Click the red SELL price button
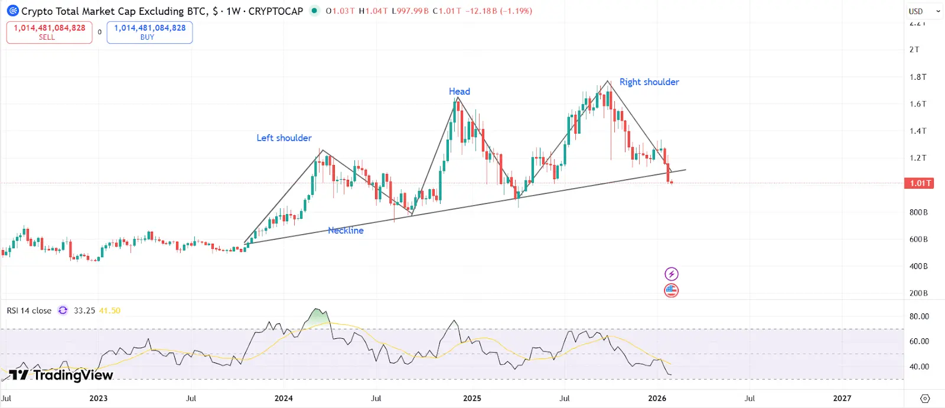tap(49, 32)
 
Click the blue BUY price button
tap(149, 32)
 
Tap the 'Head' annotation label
tap(460, 91)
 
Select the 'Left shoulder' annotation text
tap(284, 138)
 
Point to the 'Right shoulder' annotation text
tap(649, 82)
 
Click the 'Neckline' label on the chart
tap(346, 231)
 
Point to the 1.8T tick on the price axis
tap(918, 77)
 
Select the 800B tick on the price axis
tap(918, 212)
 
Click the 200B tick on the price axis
tap(918, 293)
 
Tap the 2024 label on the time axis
tap(283, 398)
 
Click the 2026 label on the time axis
tap(657, 398)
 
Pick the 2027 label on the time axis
tap(842, 398)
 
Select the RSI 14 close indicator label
tap(29, 310)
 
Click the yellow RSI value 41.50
tap(109, 310)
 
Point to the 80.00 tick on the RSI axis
tap(919, 316)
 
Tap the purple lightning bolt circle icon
tap(672, 274)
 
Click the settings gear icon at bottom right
tap(925, 399)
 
